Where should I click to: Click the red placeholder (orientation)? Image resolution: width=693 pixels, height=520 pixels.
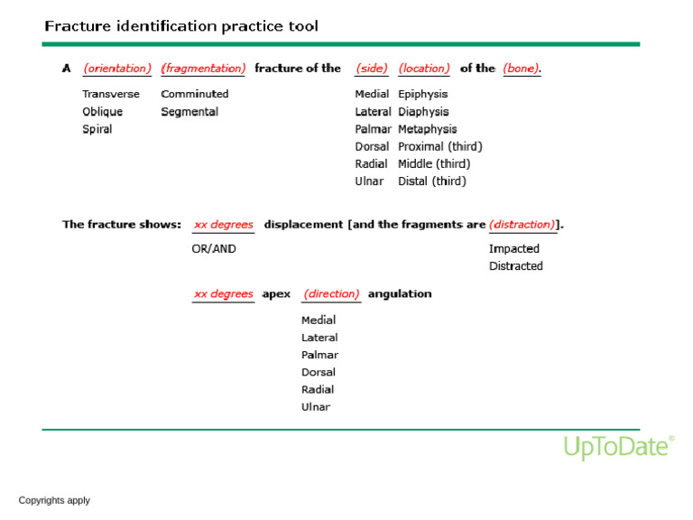[x=117, y=69]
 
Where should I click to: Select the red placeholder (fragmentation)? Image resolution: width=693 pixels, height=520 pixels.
[x=203, y=69]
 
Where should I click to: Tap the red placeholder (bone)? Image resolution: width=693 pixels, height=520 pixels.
[x=522, y=69]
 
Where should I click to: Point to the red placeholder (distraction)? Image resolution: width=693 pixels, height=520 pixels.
[x=522, y=225]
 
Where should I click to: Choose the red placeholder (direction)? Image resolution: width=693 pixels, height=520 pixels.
[x=331, y=294]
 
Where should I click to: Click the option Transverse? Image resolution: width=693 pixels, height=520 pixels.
[x=111, y=94]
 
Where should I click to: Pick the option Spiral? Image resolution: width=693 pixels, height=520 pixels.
[x=97, y=129]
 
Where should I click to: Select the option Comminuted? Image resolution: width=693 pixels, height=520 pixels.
[x=195, y=94]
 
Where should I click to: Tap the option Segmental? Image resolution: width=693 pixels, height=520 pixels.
[x=189, y=112]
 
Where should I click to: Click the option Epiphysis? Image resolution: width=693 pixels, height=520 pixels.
[x=422, y=94]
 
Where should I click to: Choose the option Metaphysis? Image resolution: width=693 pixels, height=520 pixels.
[x=427, y=129]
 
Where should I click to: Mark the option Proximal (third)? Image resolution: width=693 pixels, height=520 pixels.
[x=439, y=146]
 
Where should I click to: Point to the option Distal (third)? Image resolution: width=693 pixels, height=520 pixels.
[x=431, y=181]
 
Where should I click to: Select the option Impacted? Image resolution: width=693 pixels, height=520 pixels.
[x=514, y=249]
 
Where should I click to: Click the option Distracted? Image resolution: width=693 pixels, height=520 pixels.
[x=516, y=266]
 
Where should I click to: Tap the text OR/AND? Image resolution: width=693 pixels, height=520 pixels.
[x=214, y=249]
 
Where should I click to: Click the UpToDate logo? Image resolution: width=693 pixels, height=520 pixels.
[x=619, y=447]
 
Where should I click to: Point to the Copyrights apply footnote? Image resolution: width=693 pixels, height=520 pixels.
[x=54, y=500]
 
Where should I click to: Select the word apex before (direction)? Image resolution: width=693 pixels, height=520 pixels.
[x=276, y=294]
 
